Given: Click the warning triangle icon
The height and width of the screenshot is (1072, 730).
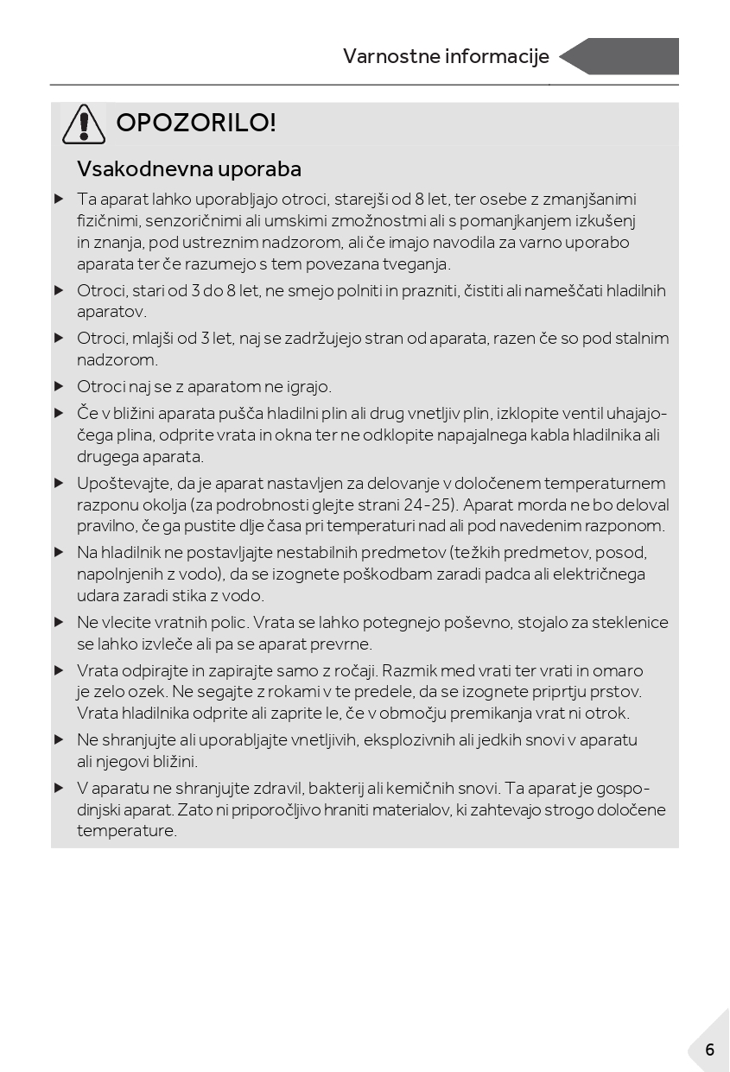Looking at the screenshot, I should click(x=84, y=124).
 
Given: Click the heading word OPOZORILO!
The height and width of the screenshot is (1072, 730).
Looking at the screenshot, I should click(x=196, y=124).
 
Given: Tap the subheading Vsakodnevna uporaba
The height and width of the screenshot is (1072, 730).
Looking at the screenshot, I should click(x=189, y=168).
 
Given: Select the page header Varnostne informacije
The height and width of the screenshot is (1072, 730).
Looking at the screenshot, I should click(x=446, y=57).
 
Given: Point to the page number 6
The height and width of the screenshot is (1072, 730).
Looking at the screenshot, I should click(x=710, y=1050).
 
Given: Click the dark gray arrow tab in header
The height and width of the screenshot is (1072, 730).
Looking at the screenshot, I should click(x=620, y=57).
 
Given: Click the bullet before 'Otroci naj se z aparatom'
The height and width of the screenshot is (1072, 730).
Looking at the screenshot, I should click(x=59, y=386).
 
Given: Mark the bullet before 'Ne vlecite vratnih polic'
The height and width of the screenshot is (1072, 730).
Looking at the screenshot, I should click(x=59, y=622).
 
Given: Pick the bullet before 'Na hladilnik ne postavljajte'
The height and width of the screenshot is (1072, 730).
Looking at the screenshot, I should click(x=59, y=552).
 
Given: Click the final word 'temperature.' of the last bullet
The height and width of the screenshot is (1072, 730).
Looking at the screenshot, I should click(x=127, y=832).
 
